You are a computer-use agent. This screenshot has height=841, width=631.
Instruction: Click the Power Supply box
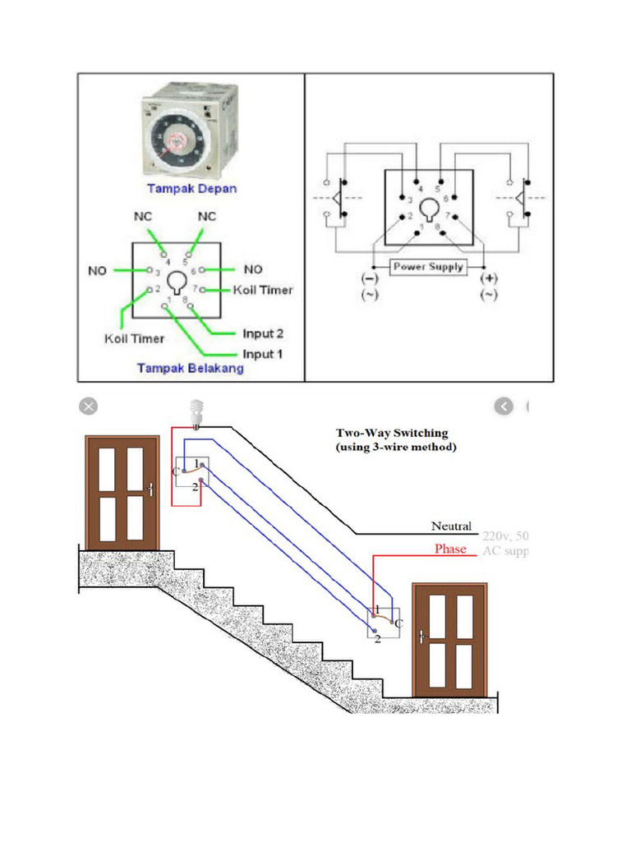click(428, 267)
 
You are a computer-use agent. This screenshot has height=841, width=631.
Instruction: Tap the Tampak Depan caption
click(191, 188)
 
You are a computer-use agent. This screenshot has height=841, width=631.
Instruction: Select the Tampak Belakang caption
click(190, 369)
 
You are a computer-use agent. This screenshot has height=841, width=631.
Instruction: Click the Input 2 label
click(263, 334)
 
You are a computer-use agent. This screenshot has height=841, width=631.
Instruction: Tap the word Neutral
click(451, 526)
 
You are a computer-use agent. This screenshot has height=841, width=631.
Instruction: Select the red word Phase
click(450, 549)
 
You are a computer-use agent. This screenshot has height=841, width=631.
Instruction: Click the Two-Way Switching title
click(392, 433)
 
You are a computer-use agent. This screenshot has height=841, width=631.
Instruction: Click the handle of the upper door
click(150, 489)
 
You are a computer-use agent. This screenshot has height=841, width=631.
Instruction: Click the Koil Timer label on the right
click(263, 290)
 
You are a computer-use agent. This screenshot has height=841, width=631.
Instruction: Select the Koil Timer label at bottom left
click(134, 338)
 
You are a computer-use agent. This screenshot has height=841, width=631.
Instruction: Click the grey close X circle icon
click(88, 406)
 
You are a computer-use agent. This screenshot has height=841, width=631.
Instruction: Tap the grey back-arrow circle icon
click(504, 406)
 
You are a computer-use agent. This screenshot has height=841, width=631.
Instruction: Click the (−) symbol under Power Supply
click(366, 279)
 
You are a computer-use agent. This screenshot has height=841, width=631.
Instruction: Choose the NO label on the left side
click(97, 270)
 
